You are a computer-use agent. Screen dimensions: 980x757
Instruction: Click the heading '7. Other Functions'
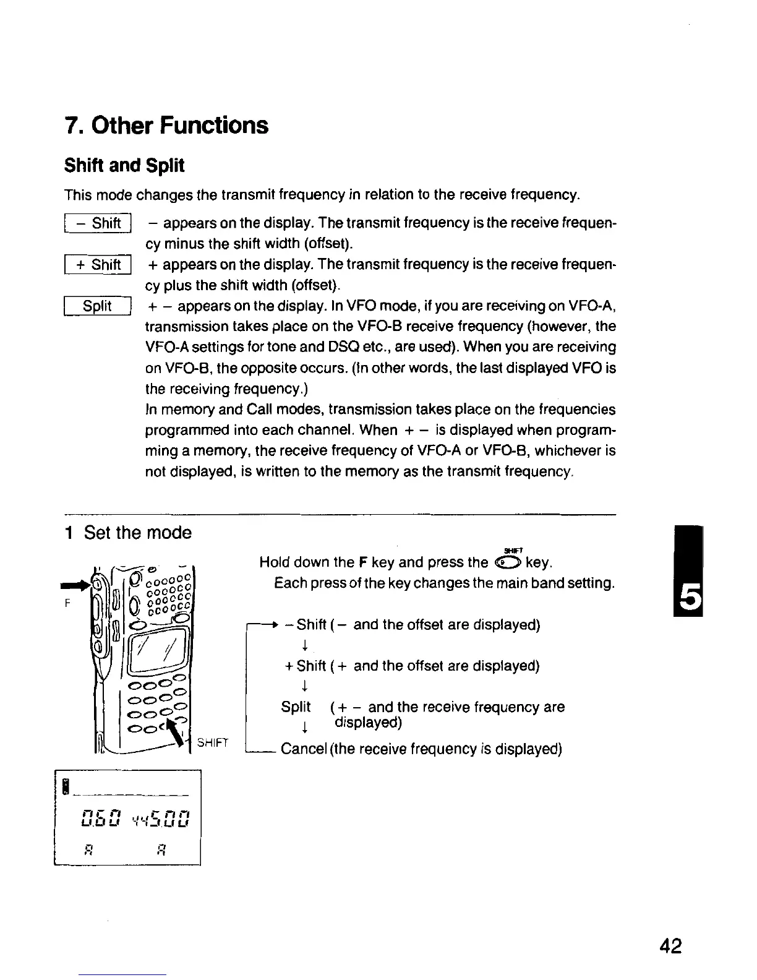166,126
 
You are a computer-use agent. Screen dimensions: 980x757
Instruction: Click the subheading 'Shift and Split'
124,166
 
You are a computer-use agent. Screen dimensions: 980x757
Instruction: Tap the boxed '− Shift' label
98,223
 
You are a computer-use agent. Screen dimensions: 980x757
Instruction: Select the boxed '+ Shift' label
98,265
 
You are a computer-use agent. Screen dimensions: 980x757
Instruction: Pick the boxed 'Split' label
98,306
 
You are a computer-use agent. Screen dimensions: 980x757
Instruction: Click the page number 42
670,946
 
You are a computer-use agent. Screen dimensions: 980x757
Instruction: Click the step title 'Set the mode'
137,533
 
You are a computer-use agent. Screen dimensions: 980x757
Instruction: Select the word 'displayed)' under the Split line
368,723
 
